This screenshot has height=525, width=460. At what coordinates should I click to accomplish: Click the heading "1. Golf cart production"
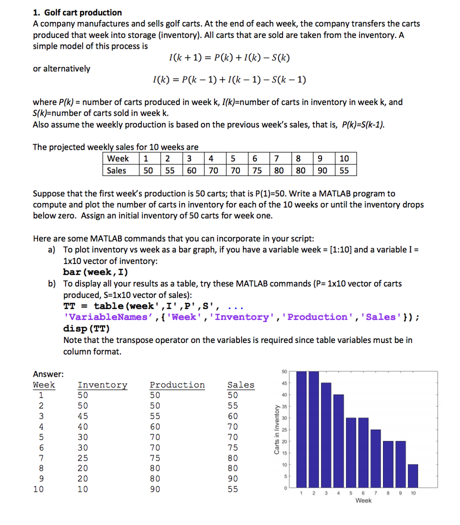pyautogui.click(x=77, y=12)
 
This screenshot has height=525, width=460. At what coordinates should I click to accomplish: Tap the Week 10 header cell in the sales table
pyautogui.click(x=344, y=158)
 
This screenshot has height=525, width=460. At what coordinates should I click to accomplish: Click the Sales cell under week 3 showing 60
pyautogui.click(x=191, y=170)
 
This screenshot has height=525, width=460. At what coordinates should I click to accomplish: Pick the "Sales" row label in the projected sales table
pyautogui.click(x=116, y=170)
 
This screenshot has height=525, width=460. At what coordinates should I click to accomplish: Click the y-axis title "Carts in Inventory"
pyautogui.click(x=277, y=430)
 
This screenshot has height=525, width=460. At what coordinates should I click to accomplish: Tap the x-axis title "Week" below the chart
pyautogui.click(x=363, y=500)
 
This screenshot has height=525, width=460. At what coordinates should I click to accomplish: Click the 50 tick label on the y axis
pyautogui.click(x=285, y=371)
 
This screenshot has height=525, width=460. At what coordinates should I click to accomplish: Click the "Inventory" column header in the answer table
pyautogui.click(x=102, y=385)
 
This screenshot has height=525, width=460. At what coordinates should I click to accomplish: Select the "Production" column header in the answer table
pyautogui.click(x=177, y=385)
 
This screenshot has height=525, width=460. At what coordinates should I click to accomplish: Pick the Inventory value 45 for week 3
pyautogui.click(x=83, y=416)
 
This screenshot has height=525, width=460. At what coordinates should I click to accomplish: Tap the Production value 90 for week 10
pyautogui.click(x=155, y=489)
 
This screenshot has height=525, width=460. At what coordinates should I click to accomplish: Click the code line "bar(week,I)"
pyautogui.click(x=95, y=272)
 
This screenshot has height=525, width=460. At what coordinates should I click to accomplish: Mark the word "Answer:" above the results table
pyautogui.click(x=48, y=374)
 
